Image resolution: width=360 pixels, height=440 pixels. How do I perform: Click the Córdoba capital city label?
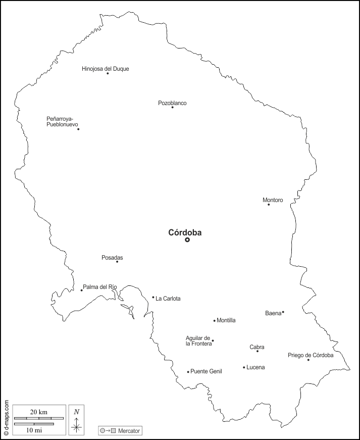pos(185,233)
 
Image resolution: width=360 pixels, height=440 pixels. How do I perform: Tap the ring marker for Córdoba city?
pos(187,240)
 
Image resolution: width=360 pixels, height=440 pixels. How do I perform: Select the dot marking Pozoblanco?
pos(172,107)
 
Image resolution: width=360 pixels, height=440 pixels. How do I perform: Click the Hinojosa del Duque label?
pos(105,69)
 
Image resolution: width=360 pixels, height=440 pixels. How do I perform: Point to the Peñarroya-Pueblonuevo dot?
pos(78,129)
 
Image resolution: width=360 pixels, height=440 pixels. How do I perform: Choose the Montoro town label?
pos(273,200)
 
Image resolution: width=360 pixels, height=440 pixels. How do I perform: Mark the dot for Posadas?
pos(117,261)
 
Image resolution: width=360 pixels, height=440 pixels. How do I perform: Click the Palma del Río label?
pos(100,287)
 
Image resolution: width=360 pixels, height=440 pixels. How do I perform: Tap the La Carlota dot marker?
pos(153,297)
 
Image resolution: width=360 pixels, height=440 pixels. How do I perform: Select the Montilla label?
pos(226,320)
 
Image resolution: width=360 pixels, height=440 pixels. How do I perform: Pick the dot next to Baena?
pos(283,312)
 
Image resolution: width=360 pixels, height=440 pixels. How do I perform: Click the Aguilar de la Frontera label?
pos(198,340)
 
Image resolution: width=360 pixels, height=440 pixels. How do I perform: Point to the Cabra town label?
pos(257,347)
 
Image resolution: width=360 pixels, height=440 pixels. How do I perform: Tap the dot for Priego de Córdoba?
pos(308,360)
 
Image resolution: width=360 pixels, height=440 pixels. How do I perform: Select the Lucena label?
pos(255,367)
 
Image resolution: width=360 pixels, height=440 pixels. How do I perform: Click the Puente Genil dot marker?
pos(188,372)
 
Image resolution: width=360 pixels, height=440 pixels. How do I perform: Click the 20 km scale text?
pos(39,412)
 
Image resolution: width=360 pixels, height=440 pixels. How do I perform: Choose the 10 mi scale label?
pos(34,430)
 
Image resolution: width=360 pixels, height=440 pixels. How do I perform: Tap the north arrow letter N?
pos(77,411)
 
